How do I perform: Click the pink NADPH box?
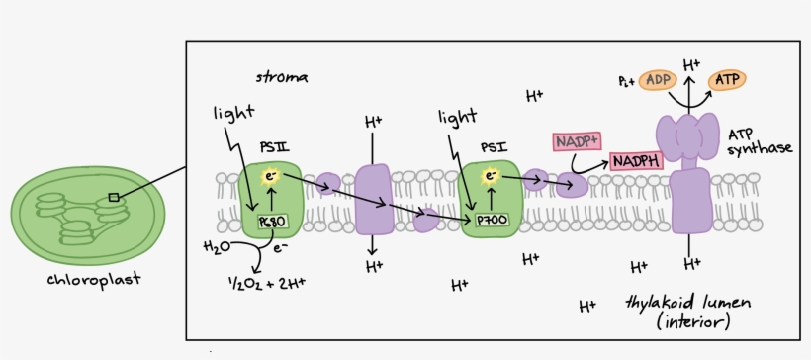click(x=636, y=159)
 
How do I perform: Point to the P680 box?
click(x=270, y=223)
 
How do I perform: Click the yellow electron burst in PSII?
click(x=268, y=177)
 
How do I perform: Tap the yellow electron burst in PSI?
click(x=490, y=176)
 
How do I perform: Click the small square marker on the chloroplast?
click(x=113, y=198)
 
